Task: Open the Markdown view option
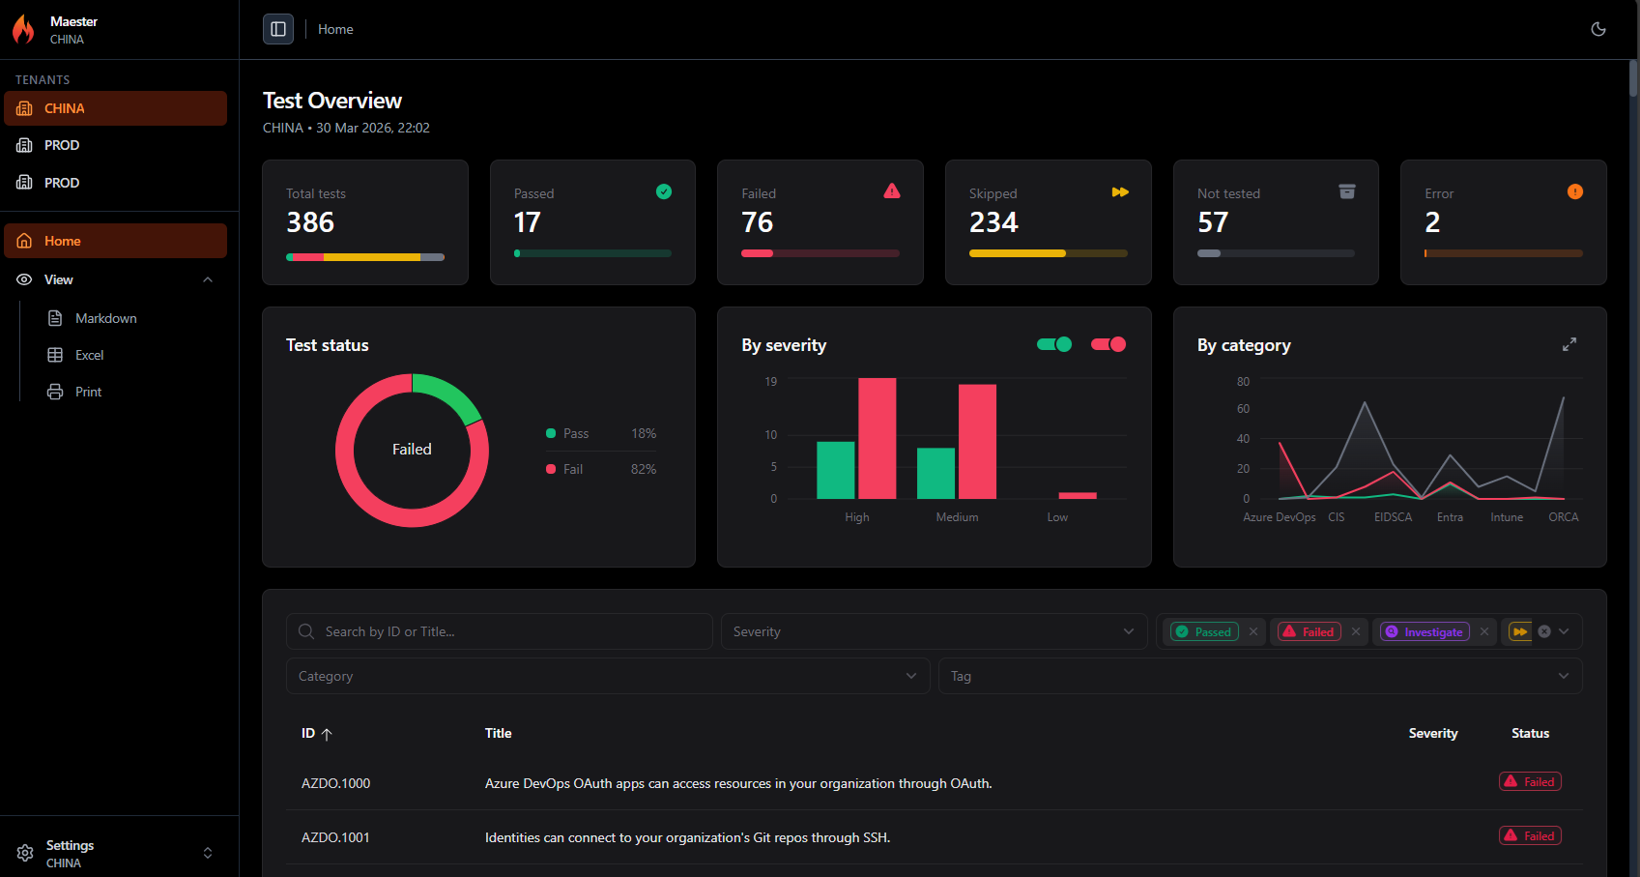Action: pyautogui.click(x=105, y=318)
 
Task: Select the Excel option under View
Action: pyautogui.click(x=89, y=355)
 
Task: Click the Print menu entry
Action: pyautogui.click(x=88, y=392)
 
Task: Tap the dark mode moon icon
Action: pyautogui.click(x=1598, y=29)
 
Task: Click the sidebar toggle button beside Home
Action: pyautogui.click(x=278, y=29)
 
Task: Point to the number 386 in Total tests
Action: pyautogui.click(x=310, y=222)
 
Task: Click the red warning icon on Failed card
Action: pyautogui.click(x=892, y=191)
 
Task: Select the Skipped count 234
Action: pyautogui.click(x=993, y=222)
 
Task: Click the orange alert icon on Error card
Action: pyautogui.click(x=1575, y=191)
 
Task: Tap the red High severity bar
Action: pyautogui.click(x=877, y=438)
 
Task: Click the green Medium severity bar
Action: pyautogui.click(x=935, y=473)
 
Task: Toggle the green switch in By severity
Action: pyautogui.click(x=1054, y=344)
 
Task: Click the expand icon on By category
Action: pyautogui.click(x=1569, y=344)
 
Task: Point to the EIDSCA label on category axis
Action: pyautogui.click(x=1393, y=517)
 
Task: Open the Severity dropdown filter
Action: pyautogui.click(x=934, y=631)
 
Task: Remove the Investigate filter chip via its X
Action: pyautogui.click(x=1484, y=631)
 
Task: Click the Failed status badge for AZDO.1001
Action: pyautogui.click(x=1530, y=835)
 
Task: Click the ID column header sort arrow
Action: pyautogui.click(x=327, y=734)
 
